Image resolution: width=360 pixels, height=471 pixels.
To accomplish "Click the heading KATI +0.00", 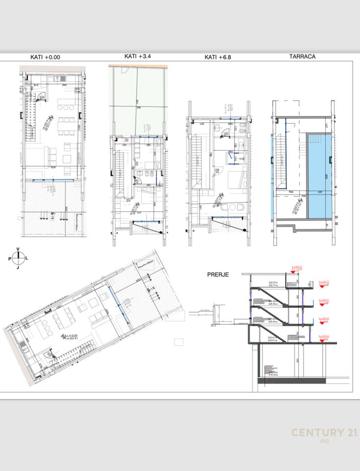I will [45, 57].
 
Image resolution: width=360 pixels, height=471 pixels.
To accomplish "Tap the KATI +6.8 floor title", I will [218, 57].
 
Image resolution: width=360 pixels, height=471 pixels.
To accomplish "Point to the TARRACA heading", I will [302, 56].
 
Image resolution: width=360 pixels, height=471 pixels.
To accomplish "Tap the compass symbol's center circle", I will [18, 258].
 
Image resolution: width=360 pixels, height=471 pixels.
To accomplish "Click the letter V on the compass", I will [18, 249].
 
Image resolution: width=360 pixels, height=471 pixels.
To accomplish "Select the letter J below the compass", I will [18, 267].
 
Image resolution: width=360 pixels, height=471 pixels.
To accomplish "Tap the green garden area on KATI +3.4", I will [138, 101].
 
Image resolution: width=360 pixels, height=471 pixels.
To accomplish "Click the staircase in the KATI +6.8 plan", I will [196, 162].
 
